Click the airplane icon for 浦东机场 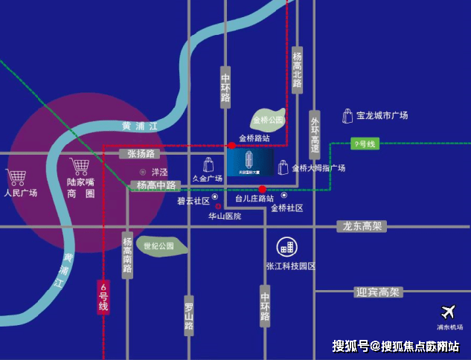pos(449,313)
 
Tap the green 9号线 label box pos(365,144)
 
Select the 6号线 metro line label pos(103,297)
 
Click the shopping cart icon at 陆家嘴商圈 pos(80,166)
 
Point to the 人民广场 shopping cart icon pos(17,178)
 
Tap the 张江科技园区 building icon pos(286,247)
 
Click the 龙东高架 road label pos(362,226)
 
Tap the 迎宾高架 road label pos(377,292)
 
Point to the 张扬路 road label pos(140,154)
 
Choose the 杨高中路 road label pos(156,185)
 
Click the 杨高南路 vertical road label pos(127,254)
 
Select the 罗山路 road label pos(189,317)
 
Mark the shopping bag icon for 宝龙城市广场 pos(347,115)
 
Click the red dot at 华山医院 pos(218,206)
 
